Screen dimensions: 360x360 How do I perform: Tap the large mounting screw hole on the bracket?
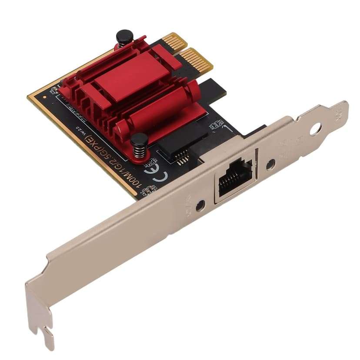point(316,129)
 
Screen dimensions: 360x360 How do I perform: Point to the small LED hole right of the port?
point(270,164)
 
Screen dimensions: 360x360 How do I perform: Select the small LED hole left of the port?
point(200,205)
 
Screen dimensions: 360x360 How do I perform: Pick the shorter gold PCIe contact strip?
point(173,42)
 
